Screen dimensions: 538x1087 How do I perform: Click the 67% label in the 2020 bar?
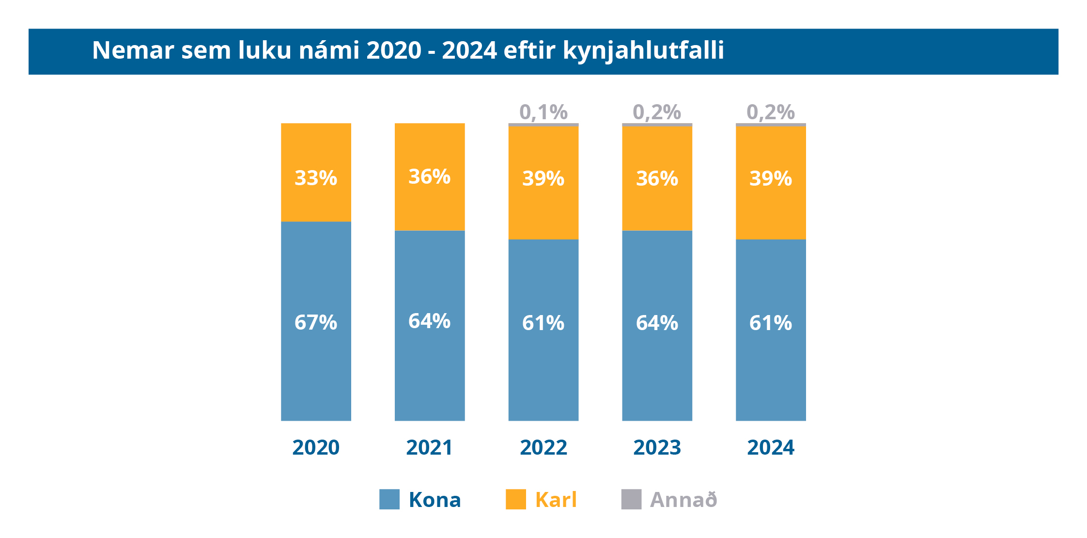[316, 322]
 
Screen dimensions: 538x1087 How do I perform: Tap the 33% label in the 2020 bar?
[316, 178]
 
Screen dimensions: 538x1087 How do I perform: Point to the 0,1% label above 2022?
[543, 112]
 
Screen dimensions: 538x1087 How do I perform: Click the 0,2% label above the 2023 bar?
[657, 112]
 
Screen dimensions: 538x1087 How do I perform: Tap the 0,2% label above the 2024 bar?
[771, 112]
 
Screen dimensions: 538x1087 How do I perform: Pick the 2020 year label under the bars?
[316, 447]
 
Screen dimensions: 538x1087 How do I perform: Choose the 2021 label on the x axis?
[430, 447]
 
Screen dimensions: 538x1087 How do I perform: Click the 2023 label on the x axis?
[657, 447]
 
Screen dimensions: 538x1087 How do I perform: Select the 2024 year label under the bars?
[771, 447]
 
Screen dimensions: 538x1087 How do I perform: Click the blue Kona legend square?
[389, 499]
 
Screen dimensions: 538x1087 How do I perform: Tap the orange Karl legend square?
[516, 499]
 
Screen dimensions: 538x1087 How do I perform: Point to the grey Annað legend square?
[632, 499]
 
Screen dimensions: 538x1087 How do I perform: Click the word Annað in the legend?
[683, 500]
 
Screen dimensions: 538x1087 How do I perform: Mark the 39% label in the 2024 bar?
[771, 178]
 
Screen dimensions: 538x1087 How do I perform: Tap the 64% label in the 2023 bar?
[657, 323]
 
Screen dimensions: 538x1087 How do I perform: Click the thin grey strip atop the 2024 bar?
[771, 125]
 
